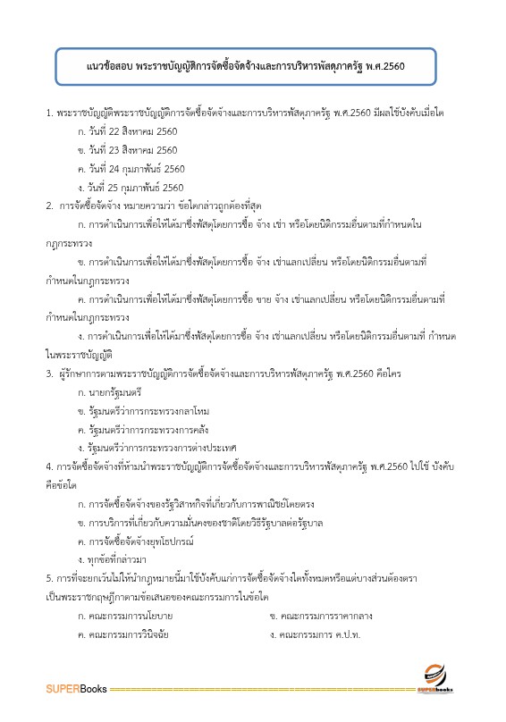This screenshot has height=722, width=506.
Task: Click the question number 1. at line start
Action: tap(49, 113)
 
